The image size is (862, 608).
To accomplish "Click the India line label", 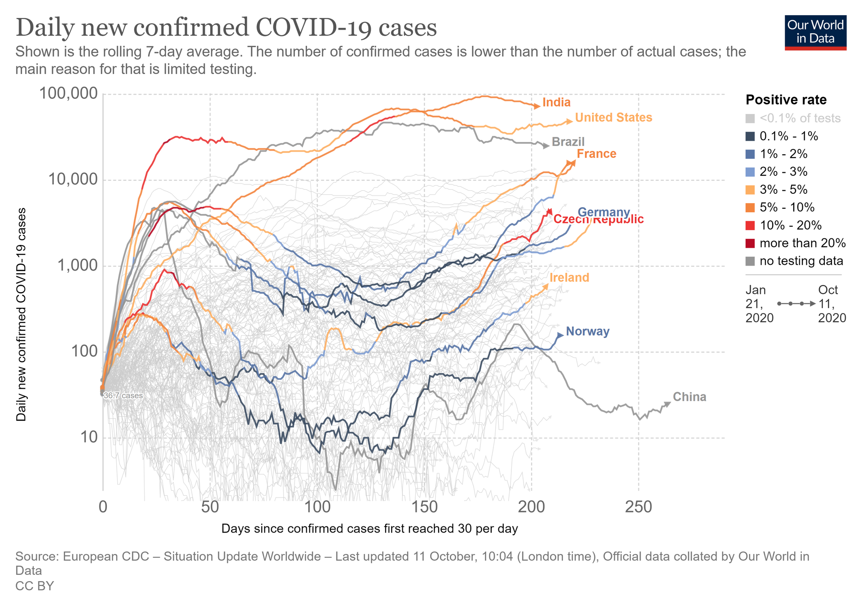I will [x=556, y=102].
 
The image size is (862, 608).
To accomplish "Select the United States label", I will [x=613, y=118].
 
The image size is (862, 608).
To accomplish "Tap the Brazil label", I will [x=568, y=142].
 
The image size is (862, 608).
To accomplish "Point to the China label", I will [x=689, y=397].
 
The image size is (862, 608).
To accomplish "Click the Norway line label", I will [x=587, y=332].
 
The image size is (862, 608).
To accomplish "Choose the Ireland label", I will [x=569, y=278].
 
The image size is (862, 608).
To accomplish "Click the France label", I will [x=596, y=154].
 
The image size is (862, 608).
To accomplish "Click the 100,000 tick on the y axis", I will [x=68, y=93].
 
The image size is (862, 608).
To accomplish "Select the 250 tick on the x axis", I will [x=638, y=507].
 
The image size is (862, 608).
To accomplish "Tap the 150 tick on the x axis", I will [x=424, y=507].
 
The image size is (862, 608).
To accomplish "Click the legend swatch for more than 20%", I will [x=750, y=243].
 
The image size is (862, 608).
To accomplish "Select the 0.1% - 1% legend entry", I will [x=788, y=136].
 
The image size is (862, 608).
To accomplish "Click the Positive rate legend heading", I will [x=786, y=100].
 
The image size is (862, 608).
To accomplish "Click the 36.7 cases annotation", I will [x=123, y=396].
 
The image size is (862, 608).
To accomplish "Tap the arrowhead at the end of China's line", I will [x=668, y=404].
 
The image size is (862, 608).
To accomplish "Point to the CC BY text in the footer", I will [x=35, y=586].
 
